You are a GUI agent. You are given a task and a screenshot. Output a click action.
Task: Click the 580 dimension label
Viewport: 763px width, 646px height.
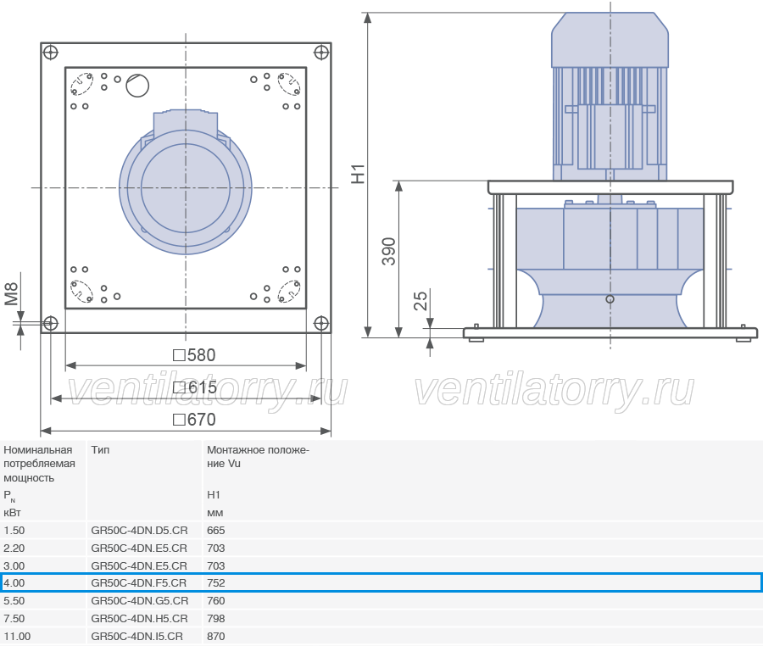pos(195,355)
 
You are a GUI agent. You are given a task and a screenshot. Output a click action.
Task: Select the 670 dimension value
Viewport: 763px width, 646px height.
pos(195,420)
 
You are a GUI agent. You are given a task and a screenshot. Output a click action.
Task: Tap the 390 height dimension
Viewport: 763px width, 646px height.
pos(389,252)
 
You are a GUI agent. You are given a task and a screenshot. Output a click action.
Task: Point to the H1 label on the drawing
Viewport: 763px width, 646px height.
pos(358,174)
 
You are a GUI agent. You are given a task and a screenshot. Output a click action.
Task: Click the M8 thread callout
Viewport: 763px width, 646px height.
pos(11,294)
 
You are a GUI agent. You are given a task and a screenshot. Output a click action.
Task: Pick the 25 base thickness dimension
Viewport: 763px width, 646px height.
pos(420,301)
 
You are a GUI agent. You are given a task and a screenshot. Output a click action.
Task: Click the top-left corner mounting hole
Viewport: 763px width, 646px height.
pos(51,52)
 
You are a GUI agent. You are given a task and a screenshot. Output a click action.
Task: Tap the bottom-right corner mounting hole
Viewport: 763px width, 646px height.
pos(321,323)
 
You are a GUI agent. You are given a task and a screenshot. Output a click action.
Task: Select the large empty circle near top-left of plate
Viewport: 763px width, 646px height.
pos(137,86)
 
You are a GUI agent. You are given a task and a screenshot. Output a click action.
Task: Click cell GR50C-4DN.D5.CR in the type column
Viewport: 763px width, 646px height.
pos(139,530)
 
